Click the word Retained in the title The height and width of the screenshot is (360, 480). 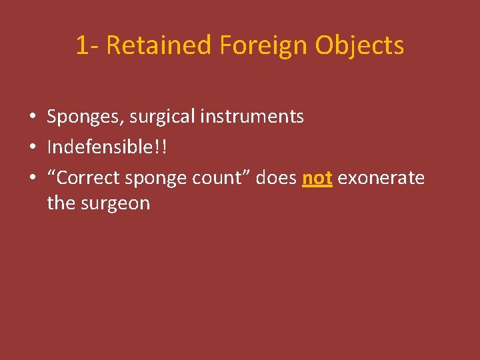click(158, 45)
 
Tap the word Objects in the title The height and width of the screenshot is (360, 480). click(359, 46)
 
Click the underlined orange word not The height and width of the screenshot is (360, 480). click(317, 177)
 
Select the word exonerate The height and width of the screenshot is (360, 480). click(381, 177)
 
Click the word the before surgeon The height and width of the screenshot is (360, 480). click(61, 203)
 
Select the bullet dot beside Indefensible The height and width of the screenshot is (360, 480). click(32, 147)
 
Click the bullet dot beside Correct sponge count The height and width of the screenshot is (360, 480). click(32, 178)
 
